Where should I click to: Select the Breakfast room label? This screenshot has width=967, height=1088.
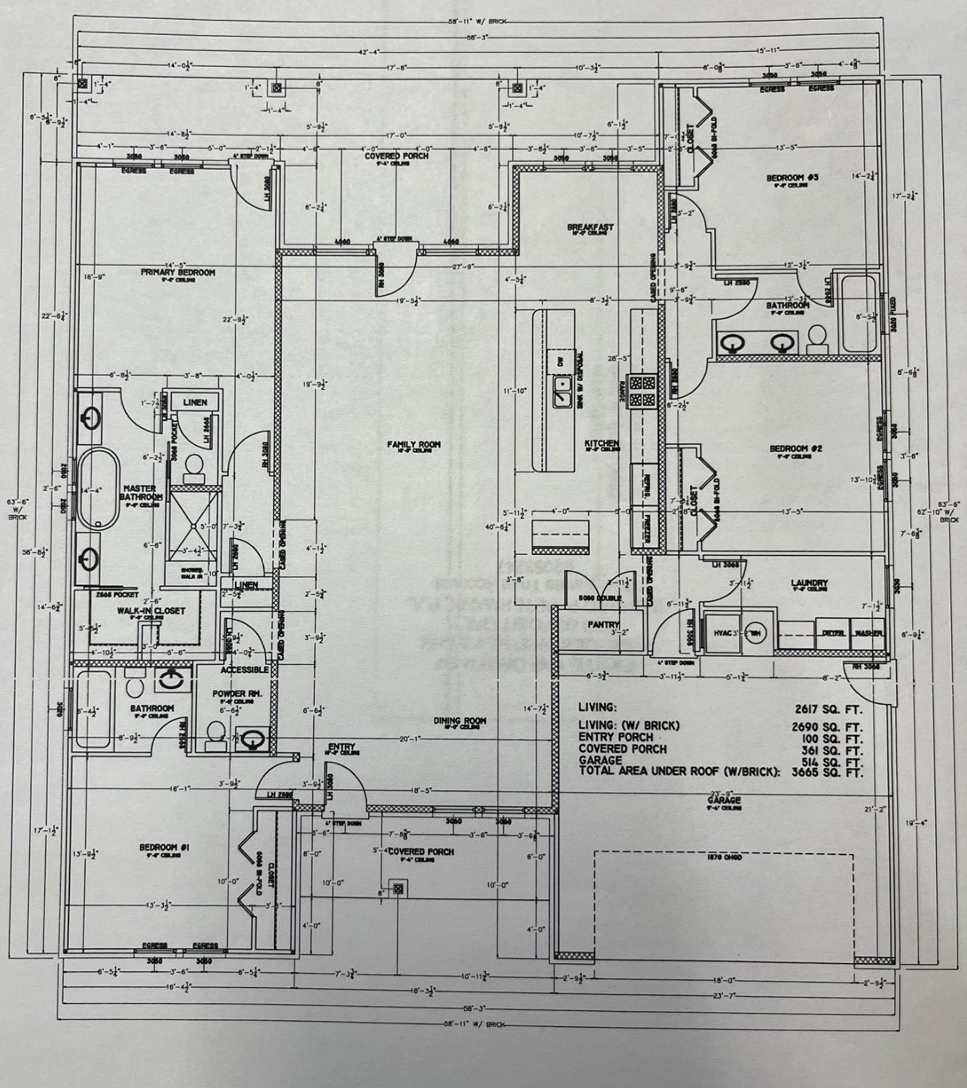pyautogui.click(x=590, y=227)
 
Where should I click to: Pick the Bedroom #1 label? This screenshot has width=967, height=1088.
pyautogui.click(x=163, y=848)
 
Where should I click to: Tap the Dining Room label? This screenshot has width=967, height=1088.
pyautogui.click(x=459, y=721)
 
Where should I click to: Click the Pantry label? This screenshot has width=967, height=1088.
pyautogui.click(x=604, y=624)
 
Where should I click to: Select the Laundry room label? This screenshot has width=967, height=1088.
pyautogui.click(x=810, y=583)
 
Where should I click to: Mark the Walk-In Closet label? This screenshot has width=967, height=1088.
pyautogui.click(x=151, y=611)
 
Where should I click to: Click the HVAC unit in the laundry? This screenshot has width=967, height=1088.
pyautogui.click(x=723, y=634)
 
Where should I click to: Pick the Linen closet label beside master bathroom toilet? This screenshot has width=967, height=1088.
pyautogui.click(x=194, y=403)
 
